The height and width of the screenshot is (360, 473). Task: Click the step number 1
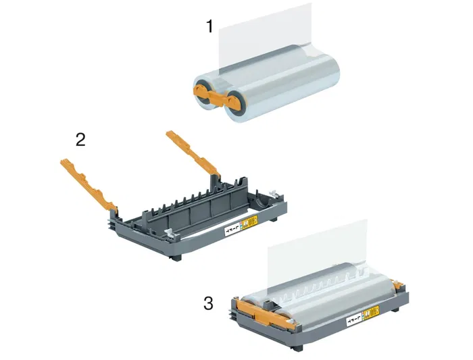(210, 27)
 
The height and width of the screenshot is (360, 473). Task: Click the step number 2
(80, 140)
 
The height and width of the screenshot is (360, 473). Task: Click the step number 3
(208, 303)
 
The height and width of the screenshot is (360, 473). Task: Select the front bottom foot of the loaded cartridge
(295, 347)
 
